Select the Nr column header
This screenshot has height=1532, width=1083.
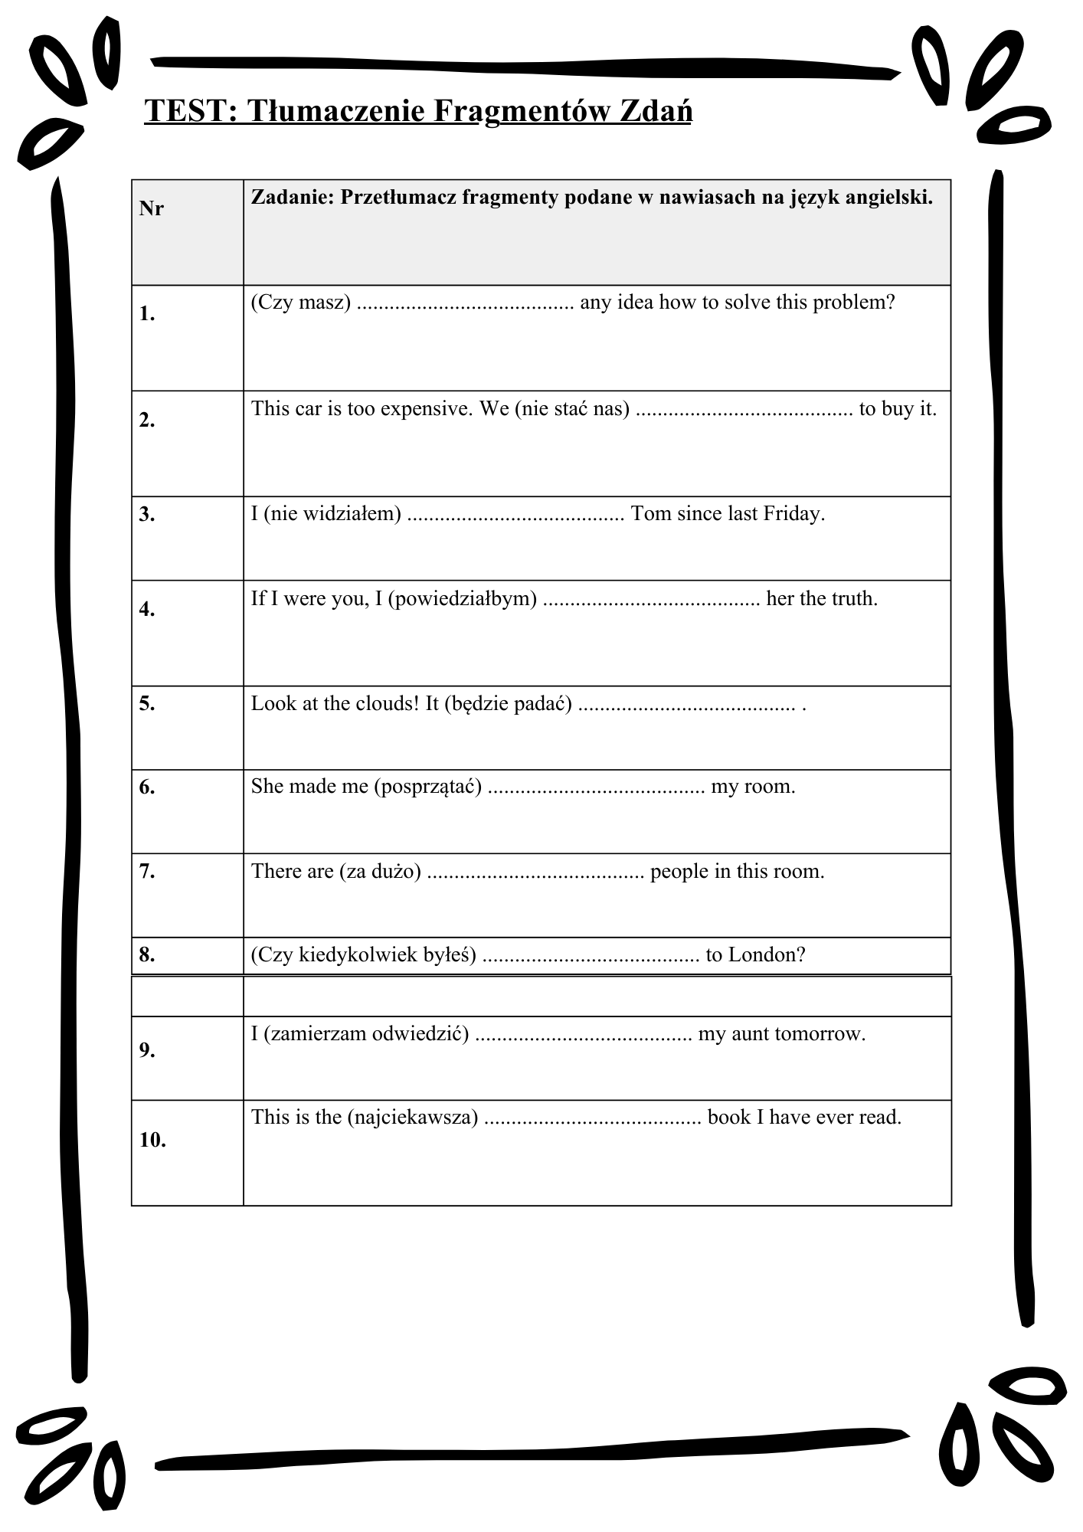tap(152, 208)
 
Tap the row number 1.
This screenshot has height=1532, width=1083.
tap(147, 313)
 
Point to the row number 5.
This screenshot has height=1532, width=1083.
tap(147, 703)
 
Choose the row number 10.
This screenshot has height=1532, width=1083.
tap(152, 1140)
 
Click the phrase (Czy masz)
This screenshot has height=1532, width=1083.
tap(301, 303)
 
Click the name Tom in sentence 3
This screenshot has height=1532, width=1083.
tap(651, 513)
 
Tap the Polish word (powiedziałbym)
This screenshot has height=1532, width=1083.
tap(463, 598)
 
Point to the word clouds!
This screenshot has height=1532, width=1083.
tap(388, 703)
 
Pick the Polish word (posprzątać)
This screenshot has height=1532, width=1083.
tap(428, 787)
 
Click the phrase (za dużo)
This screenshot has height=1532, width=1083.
tap(381, 871)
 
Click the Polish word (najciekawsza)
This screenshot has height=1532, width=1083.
tap(413, 1118)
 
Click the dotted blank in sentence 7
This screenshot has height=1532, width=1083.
tap(535, 872)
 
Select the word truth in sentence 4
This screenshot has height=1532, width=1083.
tap(854, 598)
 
